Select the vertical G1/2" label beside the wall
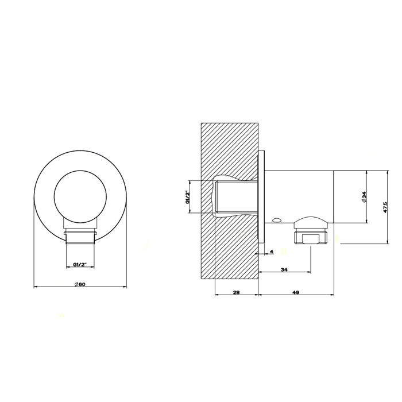pyautogui.click(x=187, y=197)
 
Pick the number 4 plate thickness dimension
pyautogui.click(x=271, y=252)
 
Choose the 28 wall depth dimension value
pyautogui.click(x=236, y=292)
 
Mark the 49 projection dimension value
pyautogui.click(x=296, y=292)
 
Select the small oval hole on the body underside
pyautogui.click(x=277, y=219)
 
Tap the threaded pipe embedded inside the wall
pyautogui.click(x=235, y=197)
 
